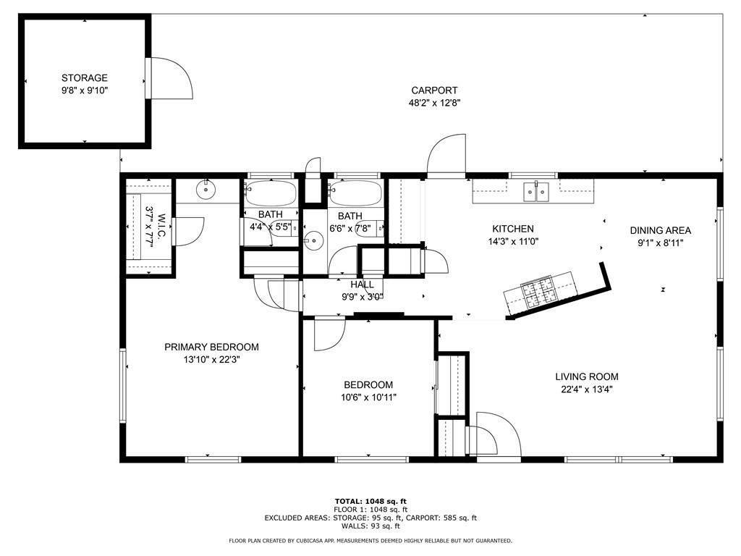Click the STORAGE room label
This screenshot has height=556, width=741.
click(x=85, y=78)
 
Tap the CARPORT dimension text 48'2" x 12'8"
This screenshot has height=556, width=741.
click(x=434, y=103)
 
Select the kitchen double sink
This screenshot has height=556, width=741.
click(x=536, y=191)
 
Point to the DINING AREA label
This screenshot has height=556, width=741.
click(x=660, y=231)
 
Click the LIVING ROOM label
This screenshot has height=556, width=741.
click(x=586, y=376)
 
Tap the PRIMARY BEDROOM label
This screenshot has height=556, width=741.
click(x=212, y=347)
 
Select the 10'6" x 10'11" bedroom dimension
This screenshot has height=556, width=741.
click(x=368, y=397)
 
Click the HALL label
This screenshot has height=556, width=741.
click(x=362, y=285)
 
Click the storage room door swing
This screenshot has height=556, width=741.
click(x=169, y=78)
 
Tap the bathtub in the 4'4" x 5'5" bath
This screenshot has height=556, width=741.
click(x=271, y=193)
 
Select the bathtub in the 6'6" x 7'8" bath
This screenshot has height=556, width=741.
click(x=355, y=193)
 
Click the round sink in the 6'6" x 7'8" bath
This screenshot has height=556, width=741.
click(x=313, y=240)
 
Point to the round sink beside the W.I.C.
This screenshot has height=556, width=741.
click(x=206, y=190)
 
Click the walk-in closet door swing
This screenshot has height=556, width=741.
click(x=187, y=231)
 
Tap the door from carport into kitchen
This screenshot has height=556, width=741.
click(x=446, y=156)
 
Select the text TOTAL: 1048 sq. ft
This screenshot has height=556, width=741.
click(x=370, y=501)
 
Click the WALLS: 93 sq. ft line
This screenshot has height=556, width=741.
click(x=370, y=526)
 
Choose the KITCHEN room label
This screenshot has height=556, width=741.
click(x=513, y=229)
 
